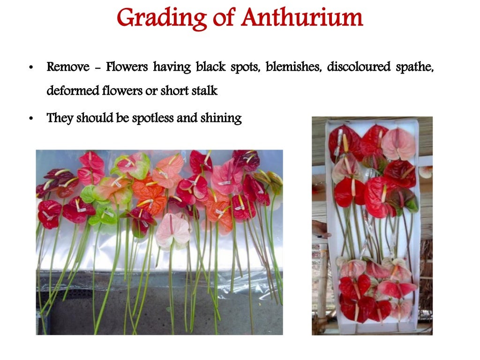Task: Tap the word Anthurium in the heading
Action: pos(302,18)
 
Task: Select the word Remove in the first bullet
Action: pos(68,67)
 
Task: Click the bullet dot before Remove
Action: pos(30,68)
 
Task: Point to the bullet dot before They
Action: pos(30,119)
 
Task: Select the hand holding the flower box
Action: pos(321,228)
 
